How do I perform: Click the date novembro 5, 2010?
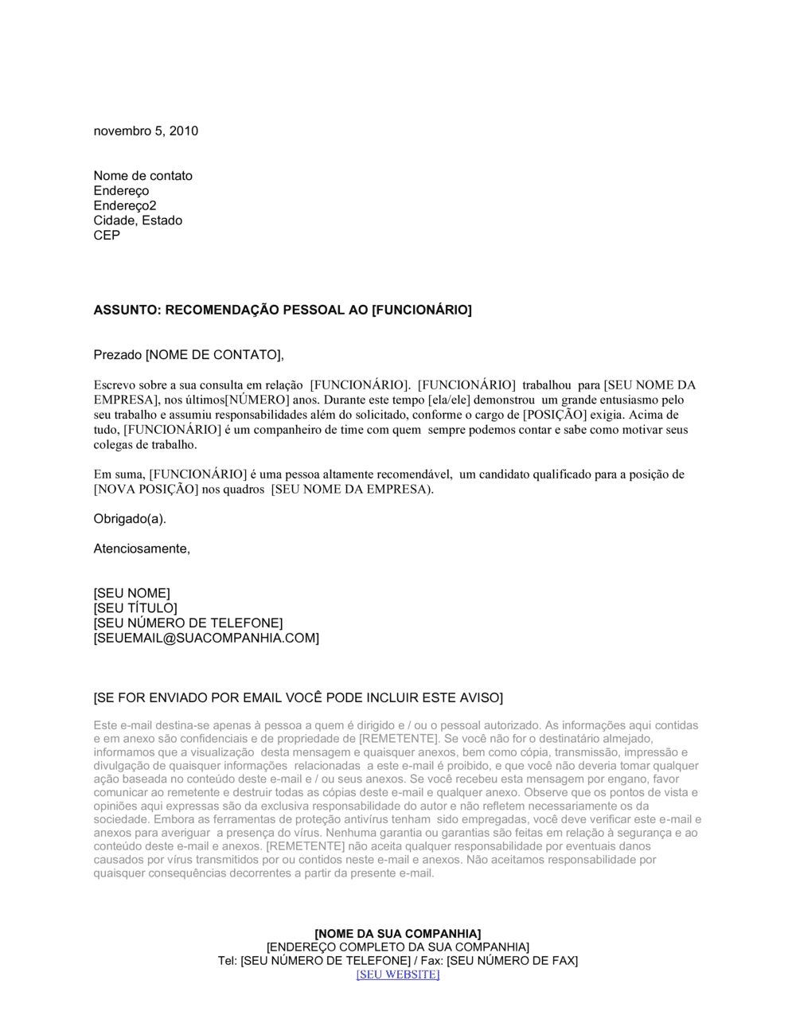(x=146, y=131)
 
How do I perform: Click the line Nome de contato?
(x=142, y=176)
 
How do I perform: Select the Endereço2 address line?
(x=125, y=205)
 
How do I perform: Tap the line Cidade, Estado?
(x=138, y=221)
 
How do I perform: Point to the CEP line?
(x=107, y=236)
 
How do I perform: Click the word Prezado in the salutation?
(x=118, y=355)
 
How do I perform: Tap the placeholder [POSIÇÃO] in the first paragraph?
(x=555, y=415)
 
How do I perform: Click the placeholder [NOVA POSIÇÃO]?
(x=146, y=490)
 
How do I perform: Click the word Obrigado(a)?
(x=130, y=519)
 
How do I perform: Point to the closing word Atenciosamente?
(x=142, y=549)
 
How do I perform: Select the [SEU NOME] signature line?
(x=131, y=593)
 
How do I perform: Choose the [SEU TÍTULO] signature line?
(x=135, y=608)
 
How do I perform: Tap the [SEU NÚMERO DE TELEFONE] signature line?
(x=188, y=623)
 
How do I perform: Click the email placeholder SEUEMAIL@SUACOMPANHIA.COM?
(x=206, y=638)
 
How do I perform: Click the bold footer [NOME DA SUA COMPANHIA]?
(x=398, y=934)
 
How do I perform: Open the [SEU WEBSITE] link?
(x=398, y=974)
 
